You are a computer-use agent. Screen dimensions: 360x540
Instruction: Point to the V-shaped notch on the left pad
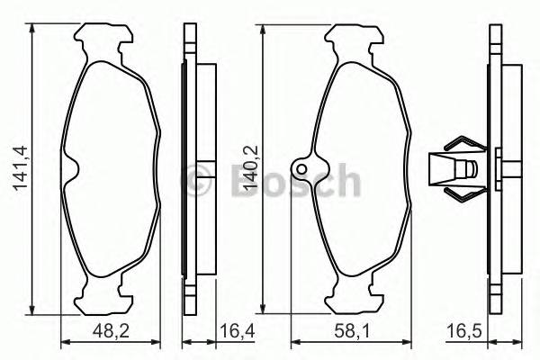click(75, 166)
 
